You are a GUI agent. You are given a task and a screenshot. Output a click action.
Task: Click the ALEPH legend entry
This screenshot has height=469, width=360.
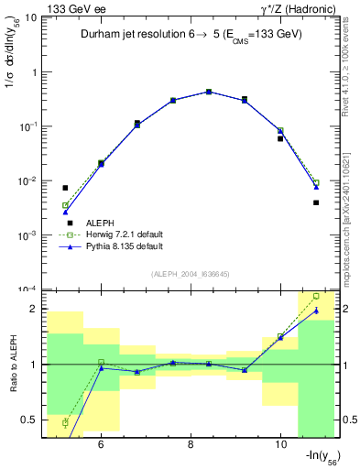[100, 223]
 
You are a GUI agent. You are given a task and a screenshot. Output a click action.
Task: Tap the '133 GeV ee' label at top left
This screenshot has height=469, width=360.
[72, 8]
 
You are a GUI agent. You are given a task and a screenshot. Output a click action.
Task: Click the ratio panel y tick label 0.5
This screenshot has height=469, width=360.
[30, 420]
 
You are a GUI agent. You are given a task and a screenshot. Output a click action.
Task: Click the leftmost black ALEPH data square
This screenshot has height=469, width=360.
[65, 188]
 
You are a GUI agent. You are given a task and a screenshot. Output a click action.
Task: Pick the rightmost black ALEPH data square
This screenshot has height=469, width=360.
[316, 202]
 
